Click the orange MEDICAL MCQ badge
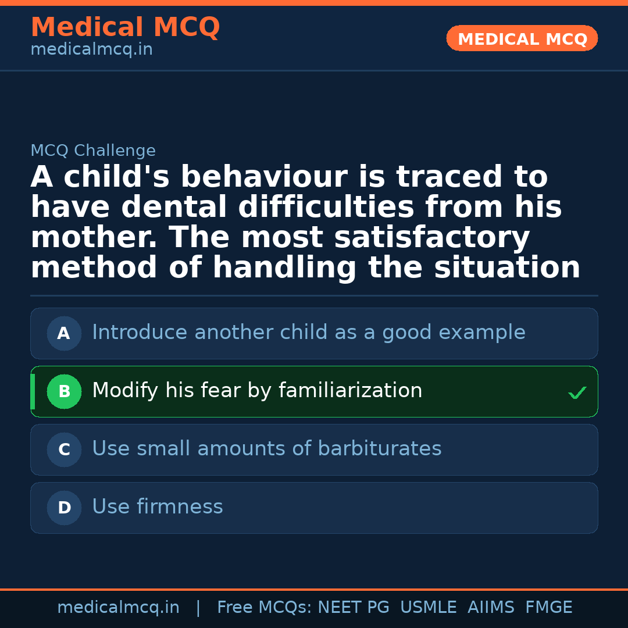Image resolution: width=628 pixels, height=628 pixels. pos(522,38)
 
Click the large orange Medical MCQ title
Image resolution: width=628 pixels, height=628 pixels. pos(125,27)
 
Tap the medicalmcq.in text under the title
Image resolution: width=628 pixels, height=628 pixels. pos(91,50)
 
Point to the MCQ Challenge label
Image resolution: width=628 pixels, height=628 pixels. pos(93,151)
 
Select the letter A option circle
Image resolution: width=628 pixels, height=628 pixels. pos(64,334)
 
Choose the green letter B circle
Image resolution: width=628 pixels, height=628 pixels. pos(64,392)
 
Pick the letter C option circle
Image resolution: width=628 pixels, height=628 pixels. pos(64,450)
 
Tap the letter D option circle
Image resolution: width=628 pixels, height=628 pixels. pos(64,508)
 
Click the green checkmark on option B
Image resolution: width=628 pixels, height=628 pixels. pos(577,393)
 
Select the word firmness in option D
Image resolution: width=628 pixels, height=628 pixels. pos(180,507)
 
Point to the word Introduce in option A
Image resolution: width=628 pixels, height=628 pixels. pos(140,333)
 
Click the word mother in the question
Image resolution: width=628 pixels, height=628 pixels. pos(95,238)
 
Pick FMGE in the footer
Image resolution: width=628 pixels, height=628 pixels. pos(548,608)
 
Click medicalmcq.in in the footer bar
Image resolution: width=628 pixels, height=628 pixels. pos(118,608)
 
